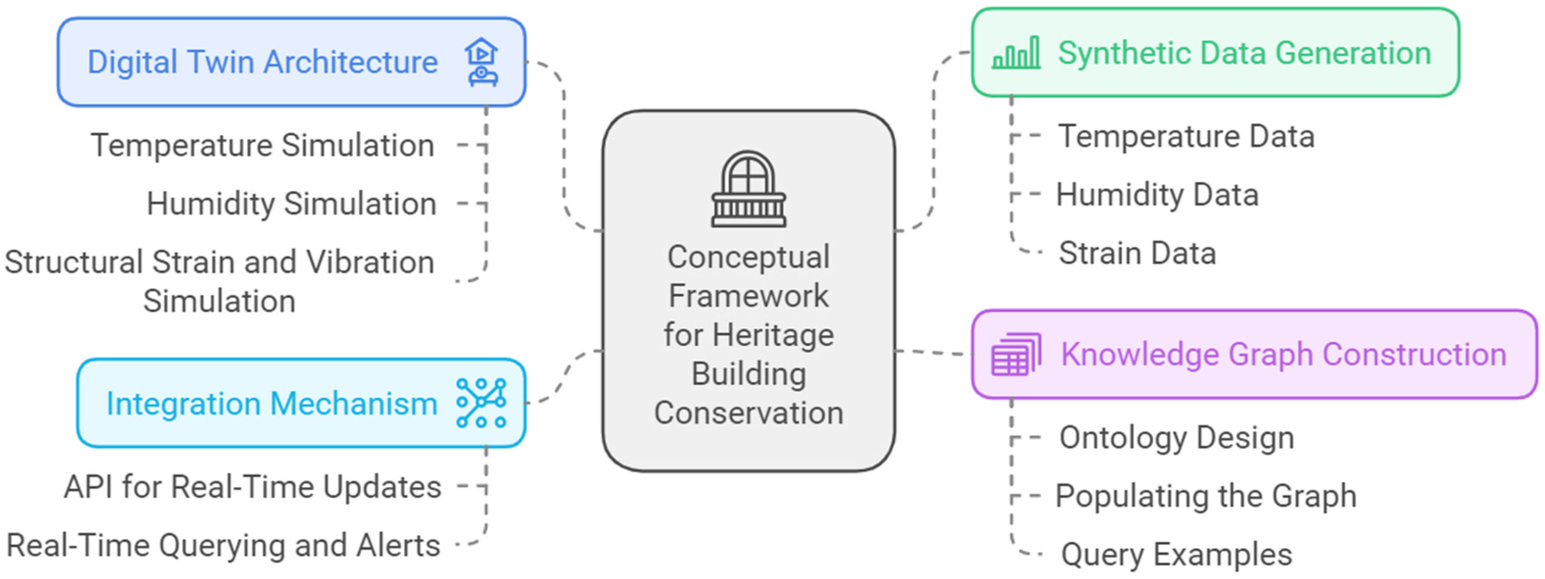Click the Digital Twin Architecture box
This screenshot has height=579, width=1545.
point(291,62)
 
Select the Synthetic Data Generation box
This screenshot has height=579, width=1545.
point(1215,53)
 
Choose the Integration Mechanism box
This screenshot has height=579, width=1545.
point(301,403)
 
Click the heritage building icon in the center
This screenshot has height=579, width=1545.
point(749,190)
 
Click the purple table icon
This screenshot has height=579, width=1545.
point(1016,354)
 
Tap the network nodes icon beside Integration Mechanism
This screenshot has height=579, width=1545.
point(481,403)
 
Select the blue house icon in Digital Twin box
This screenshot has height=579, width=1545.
point(481,62)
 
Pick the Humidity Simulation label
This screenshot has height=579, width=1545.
point(291,204)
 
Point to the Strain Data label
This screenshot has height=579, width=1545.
point(1137,253)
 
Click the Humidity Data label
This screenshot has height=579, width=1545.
point(1157,195)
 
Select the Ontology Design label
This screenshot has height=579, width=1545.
point(1177,437)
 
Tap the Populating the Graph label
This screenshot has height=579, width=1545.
point(1206,496)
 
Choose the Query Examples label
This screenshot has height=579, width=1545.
point(1176,554)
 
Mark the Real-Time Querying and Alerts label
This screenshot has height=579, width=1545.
point(223,546)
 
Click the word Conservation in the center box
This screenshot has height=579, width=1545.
point(749,413)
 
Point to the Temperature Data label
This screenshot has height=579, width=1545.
point(1186,137)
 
